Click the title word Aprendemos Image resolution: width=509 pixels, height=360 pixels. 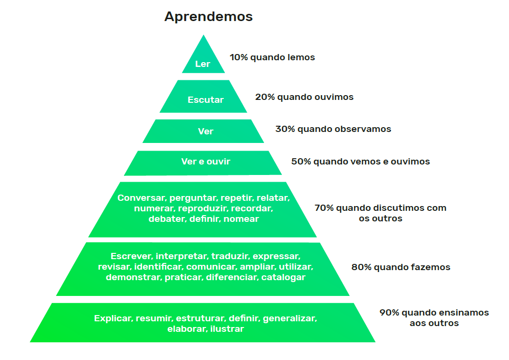pos(209,17)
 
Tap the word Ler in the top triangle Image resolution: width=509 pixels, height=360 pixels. pos(203,64)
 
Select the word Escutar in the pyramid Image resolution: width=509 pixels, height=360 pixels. pos(206,100)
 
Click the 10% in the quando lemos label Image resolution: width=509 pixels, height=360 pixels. pos(238,57)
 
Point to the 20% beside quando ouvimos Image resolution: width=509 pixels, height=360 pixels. pos(265,97)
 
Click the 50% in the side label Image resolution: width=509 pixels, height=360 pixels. pos(301,162)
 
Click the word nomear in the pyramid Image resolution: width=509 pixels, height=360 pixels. pos(241,219)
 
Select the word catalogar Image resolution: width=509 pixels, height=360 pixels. pos(283,277)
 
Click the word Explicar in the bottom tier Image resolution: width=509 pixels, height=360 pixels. pos(113,318)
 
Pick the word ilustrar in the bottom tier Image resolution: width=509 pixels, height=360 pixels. pos(227,329)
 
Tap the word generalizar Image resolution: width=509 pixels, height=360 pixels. pos(289,318)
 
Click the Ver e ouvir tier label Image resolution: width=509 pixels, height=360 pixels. pos(206,162)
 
